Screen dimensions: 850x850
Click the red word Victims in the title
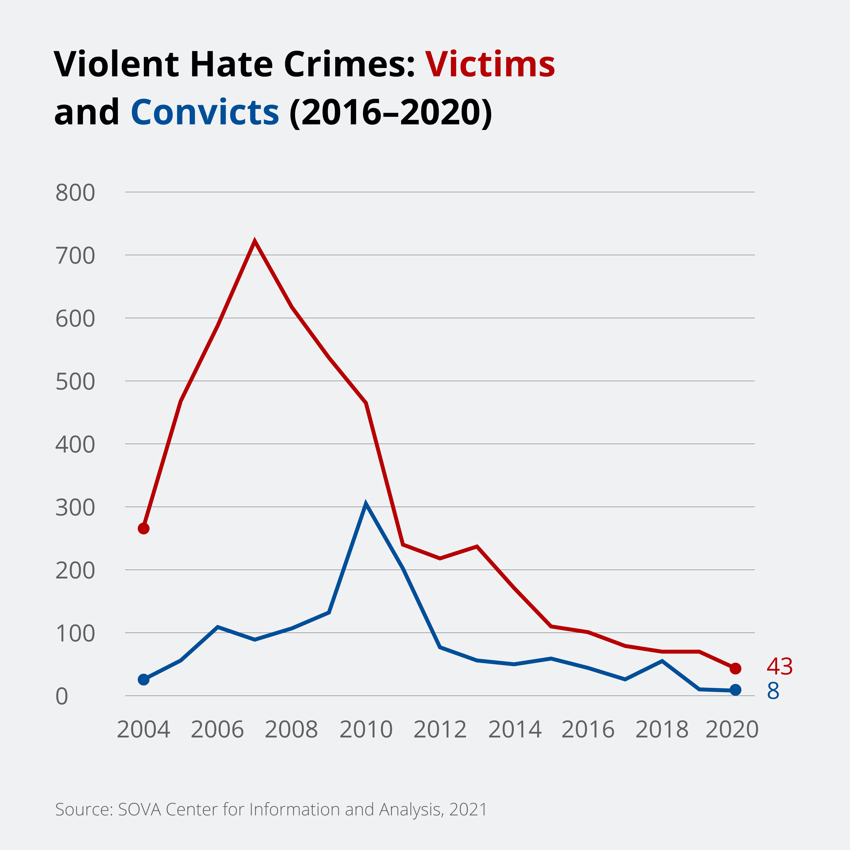(x=490, y=65)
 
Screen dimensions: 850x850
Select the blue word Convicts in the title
(x=205, y=113)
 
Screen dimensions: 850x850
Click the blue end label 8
(x=773, y=691)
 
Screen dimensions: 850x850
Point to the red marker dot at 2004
(x=144, y=528)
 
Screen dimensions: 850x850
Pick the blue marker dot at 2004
(x=144, y=680)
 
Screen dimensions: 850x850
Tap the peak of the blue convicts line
(x=366, y=503)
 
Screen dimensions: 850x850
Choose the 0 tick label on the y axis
(x=62, y=697)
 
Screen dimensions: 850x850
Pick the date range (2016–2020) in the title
(x=391, y=113)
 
